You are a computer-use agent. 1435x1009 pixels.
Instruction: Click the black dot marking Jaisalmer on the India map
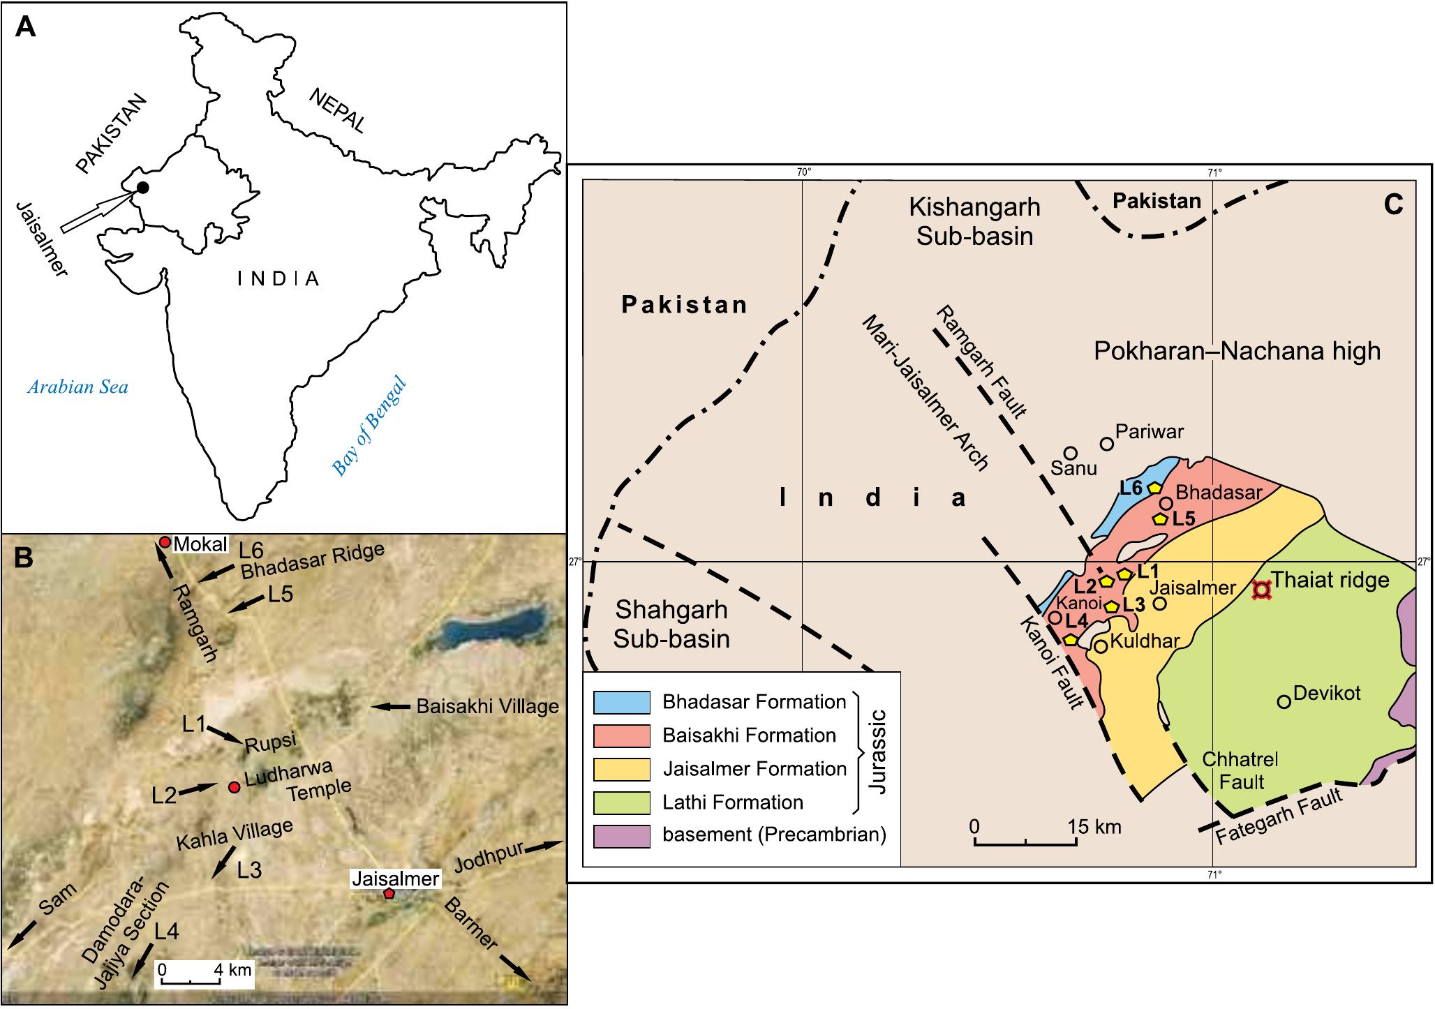pyautogui.click(x=142, y=187)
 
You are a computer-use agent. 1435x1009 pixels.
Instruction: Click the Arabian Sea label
pyautogui.click(x=77, y=387)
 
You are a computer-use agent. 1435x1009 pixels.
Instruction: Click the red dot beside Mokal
pyautogui.click(x=165, y=542)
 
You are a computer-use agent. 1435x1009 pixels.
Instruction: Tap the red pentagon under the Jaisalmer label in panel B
pyautogui.click(x=389, y=894)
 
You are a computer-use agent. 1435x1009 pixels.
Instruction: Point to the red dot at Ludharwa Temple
pyautogui.click(x=235, y=787)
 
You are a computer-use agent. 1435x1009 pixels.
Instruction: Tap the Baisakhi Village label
pyautogui.click(x=487, y=706)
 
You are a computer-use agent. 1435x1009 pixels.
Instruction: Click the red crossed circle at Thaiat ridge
pyautogui.click(x=1261, y=590)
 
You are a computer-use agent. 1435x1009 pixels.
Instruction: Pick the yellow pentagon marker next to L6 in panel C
pyautogui.click(x=1154, y=488)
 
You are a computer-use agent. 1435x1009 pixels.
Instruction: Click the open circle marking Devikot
pyautogui.click(x=1284, y=701)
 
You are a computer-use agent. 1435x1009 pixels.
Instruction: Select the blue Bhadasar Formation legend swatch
pyautogui.click(x=621, y=702)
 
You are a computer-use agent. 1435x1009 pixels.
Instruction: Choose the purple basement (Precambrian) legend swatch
pyautogui.click(x=621, y=836)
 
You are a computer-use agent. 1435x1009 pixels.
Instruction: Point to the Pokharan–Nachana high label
pyautogui.click(x=1237, y=350)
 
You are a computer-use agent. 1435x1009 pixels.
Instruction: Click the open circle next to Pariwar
pyautogui.click(x=1106, y=444)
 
